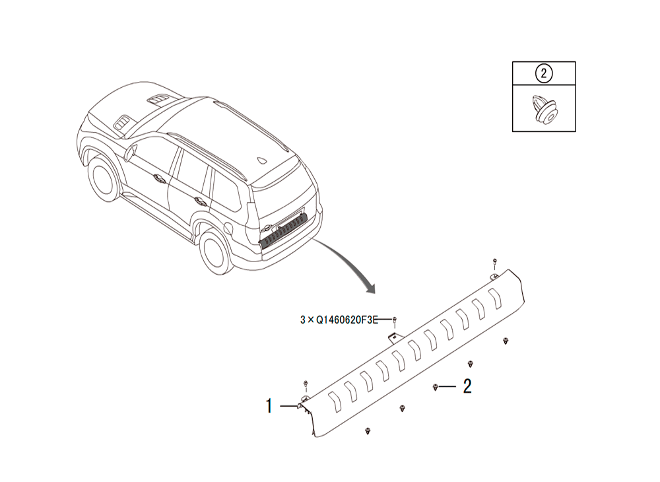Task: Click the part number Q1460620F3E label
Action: (x=347, y=320)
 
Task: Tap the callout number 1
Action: (x=269, y=406)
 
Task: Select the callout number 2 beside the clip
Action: (x=467, y=386)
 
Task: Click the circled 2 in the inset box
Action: (x=543, y=74)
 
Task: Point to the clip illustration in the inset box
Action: (x=544, y=109)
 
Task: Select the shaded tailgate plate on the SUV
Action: (x=283, y=229)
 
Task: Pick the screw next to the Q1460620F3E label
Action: (x=395, y=321)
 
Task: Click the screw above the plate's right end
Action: (x=495, y=263)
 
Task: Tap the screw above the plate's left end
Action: (x=306, y=384)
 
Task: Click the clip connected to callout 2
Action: (x=435, y=388)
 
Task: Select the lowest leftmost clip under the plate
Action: (x=368, y=431)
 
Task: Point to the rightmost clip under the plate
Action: (x=506, y=341)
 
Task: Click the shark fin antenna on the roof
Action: (x=263, y=160)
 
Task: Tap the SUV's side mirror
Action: (x=129, y=153)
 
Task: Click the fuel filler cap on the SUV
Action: (x=228, y=228)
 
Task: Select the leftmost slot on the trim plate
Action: (x=334, y=401)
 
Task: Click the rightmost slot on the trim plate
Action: (x=496, y=298)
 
